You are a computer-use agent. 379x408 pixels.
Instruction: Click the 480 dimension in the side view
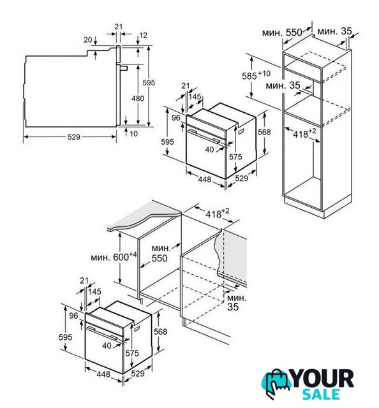coord(138,99)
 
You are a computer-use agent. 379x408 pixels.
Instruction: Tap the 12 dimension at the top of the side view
coord(144,35)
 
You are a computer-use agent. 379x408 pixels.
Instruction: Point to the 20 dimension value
coord(88,40)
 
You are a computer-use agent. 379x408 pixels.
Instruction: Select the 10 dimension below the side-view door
coord(133,134)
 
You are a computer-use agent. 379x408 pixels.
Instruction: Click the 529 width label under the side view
coord(74,137)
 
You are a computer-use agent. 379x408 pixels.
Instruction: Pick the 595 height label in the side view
coord(149,83)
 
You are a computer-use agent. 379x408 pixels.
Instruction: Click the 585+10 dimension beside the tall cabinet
coord(256,75)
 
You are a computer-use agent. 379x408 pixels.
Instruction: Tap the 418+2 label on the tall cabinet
coord(304,133)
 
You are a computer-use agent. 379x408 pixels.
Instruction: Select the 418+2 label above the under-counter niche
coord(218,214)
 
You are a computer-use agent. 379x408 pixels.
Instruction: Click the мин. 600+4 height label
coord(114,256)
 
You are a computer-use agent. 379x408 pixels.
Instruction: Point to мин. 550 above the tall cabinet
coord(282,33)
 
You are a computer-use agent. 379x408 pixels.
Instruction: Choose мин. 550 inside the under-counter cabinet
coord(160,253)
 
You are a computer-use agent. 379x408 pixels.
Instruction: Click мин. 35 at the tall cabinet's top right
coord(335,31)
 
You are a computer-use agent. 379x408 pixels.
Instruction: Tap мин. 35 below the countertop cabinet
coord(236,302)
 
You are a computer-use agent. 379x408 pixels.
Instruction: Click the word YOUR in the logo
coord(322,379)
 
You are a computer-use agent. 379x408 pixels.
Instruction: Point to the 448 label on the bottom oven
coord(103,374)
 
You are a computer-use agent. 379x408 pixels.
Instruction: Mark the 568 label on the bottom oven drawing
coord(160,331)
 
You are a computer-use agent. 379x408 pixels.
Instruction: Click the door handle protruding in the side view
coord(124,68)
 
